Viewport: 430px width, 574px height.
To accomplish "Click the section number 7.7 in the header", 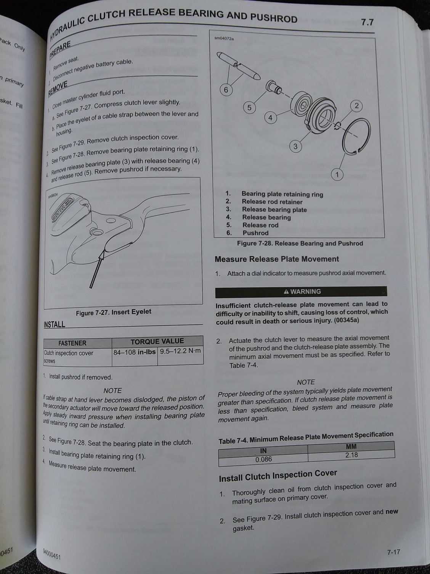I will (x=367, y=23).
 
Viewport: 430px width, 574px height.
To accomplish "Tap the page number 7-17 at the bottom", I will (x=393, y=552).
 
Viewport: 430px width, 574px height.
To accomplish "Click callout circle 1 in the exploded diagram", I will (x=337, y=175).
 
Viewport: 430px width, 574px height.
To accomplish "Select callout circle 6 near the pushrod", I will (x=226, y=90).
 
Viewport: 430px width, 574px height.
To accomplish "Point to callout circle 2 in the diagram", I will (x=356, y=106).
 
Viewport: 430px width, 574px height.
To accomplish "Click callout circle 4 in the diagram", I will (x=270, y=118).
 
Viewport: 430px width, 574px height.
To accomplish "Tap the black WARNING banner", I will (x=301, y=292).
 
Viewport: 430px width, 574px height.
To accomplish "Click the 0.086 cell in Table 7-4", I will (x=263, y=459).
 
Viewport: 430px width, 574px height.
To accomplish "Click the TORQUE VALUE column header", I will (x=157, y=341).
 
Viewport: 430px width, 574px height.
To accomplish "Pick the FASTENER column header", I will (x=72, y=343).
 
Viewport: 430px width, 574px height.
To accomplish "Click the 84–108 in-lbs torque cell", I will (x=135, y=352).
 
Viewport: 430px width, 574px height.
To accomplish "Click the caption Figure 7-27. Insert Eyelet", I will (x=113, y=312).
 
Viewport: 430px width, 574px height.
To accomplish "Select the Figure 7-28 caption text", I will (x=300, y=243).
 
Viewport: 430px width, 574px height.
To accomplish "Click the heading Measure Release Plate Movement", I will (x=276, y=259).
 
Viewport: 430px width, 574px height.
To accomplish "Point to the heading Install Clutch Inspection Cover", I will (x=278, y=475).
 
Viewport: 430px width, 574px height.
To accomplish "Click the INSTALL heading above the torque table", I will (x=54, y=325).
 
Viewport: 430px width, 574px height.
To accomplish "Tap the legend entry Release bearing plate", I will (x=274, y=210).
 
